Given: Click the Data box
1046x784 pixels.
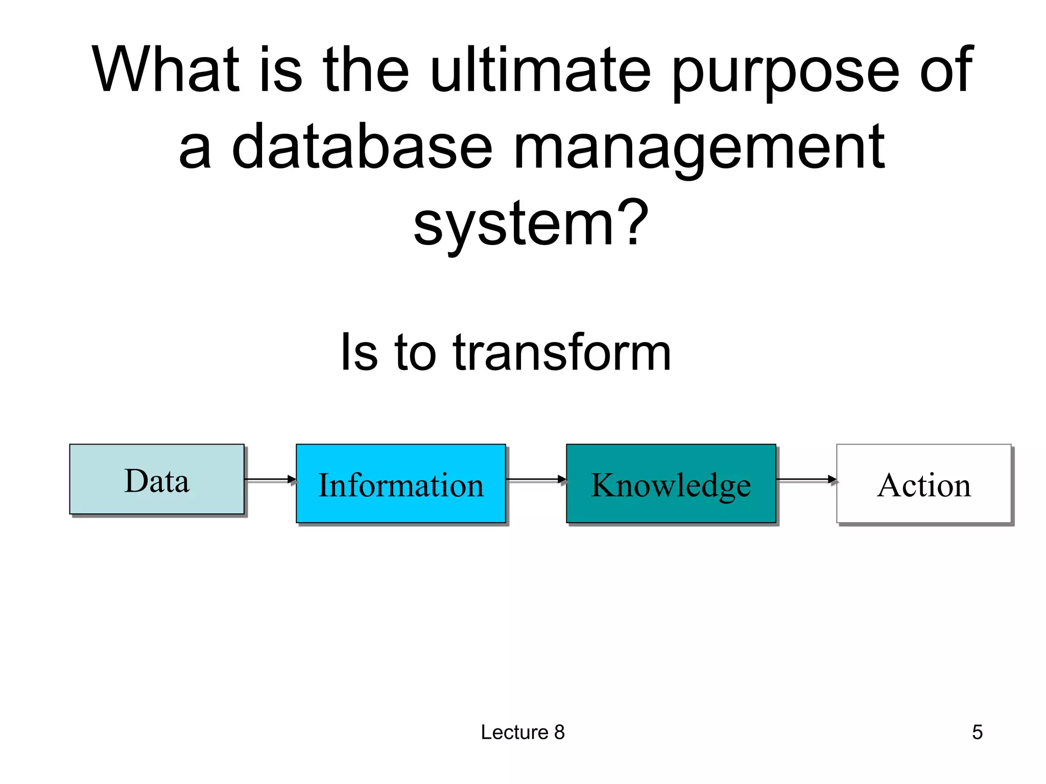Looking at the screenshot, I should [x=157, y=479].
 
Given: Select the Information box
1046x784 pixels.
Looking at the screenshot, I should [x=401, y=483].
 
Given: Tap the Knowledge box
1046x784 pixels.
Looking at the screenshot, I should [x=671, y=483].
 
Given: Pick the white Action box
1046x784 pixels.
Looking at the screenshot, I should [x=923, y=483].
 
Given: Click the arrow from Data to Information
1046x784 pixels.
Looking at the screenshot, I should [x=270, y=479].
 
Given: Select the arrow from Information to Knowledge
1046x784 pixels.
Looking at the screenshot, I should [x=536, y=479].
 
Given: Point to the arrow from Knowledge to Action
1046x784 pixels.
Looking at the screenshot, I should [x=806, y=479].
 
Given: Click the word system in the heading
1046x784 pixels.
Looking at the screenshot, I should [x=513, y=225].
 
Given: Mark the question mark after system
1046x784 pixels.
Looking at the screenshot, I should [x=633, y=222].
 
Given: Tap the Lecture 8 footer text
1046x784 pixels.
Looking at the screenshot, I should [x=522, y=732].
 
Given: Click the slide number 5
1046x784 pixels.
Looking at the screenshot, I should [x=977, y=732].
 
